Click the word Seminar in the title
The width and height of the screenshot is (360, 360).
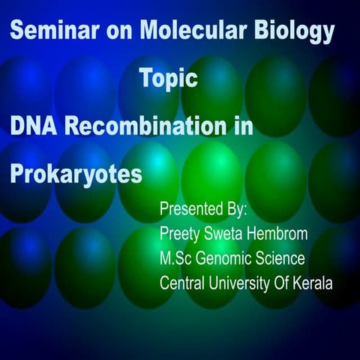pos(46,31)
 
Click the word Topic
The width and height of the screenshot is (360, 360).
pos(169,79)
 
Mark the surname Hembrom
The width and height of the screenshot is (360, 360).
pos(281,234)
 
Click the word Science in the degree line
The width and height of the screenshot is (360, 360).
pos(282,259)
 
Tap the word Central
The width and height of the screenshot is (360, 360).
pos(184,283)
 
